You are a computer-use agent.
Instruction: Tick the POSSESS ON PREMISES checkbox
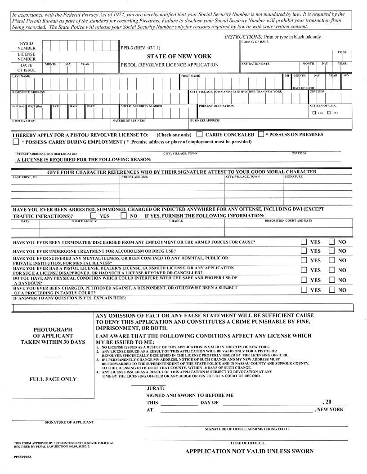pyautogui.click(x=261, y=134)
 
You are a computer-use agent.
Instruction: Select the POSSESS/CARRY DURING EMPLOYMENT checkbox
pyautogui.click(x=16, y=142)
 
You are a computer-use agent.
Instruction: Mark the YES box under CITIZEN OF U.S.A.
pyautogui.click(x=314, y=113)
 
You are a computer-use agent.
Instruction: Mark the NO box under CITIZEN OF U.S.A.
pyautogui.click(x=329, y=113)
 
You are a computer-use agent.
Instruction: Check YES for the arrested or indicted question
pyautogui.click(x=93, y=215)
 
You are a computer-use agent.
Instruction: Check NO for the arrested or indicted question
pyautogui.click(x=124, y=215)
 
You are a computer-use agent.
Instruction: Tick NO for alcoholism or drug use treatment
pyautogui.click(x=332, y=251)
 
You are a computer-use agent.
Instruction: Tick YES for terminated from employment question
pyautogui.click(x=304, y=242)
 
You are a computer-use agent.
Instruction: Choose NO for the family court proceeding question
pyautogui.click(x=332, y=290)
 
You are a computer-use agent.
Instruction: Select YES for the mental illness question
pyautogui.click(x=304, y=260)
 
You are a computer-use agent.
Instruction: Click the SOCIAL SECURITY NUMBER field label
pyautogui.click(x=142, y=106)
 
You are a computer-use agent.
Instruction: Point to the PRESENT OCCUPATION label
pyautogui.click(x=217, y=106)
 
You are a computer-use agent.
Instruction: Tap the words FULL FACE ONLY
pyautogui.click(x=53, y=379)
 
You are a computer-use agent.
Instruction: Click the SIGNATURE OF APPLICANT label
pyautogui.click(x=69, y=422)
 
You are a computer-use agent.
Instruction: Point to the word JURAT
pyautogui.click(x=156, y=388)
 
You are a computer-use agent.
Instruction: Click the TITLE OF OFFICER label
pyautogui.click(x=247, y=443)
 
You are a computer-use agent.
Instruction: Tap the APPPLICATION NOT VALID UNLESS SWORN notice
pyautogui.click(x=249, y=452)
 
